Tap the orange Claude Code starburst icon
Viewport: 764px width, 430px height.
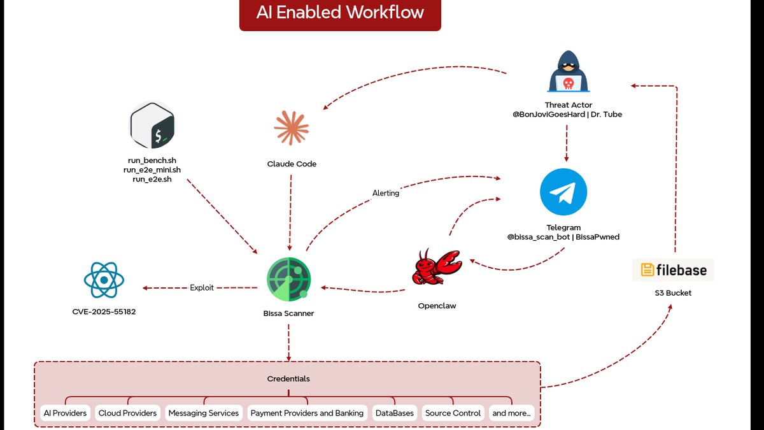point(292,128)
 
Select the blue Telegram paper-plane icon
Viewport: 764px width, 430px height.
point(563,192)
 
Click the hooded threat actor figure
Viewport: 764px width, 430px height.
point(568,71)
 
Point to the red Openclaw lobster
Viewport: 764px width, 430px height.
point(437,267)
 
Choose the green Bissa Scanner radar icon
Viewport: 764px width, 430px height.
point(288,279)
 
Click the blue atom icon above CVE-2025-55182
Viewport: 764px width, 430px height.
point(104,280)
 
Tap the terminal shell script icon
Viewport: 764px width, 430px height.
point(152,125)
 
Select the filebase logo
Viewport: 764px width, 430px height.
point(674,270)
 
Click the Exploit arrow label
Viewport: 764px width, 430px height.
point(202,288)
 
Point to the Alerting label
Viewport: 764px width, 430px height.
point(386,193)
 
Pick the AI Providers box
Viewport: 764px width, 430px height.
point(65,413)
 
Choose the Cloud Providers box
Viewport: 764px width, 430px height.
point(127,413)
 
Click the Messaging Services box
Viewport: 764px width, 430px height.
point(204,413)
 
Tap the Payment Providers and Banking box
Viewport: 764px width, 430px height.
point(308,413)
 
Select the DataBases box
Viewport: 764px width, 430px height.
point(395,413)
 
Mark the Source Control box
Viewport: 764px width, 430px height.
point(453,413)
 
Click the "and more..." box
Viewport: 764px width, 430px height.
point(512,413)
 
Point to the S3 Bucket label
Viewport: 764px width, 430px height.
point(673,293)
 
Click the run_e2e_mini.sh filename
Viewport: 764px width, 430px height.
point(152,169)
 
